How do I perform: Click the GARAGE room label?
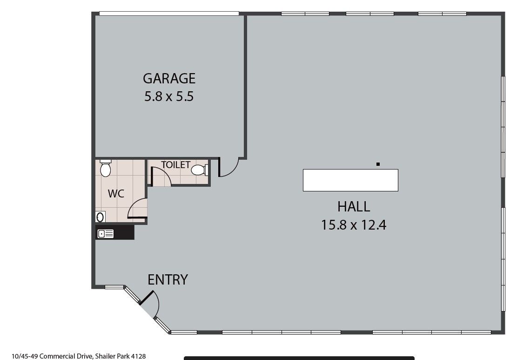coord(169,78)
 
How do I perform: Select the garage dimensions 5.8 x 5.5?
coord(169,96)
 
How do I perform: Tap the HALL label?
coord(354,207)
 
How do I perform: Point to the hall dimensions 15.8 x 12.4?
coord(354,225)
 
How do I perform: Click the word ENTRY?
coord(168,279)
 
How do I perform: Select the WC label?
coord(116,194)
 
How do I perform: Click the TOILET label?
coord(175,165)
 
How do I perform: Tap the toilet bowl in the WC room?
coord(105,168)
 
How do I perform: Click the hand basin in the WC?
coord(100,217)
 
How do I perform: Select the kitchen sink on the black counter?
coord(106,233)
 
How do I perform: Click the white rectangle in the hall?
coord(350,180)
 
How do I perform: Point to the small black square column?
coord(378,164)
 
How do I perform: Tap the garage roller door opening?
coord(169,14)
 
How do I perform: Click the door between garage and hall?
coord(228,167)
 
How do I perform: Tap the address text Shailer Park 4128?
coord(121,356)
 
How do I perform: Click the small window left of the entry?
coord(114,287)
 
